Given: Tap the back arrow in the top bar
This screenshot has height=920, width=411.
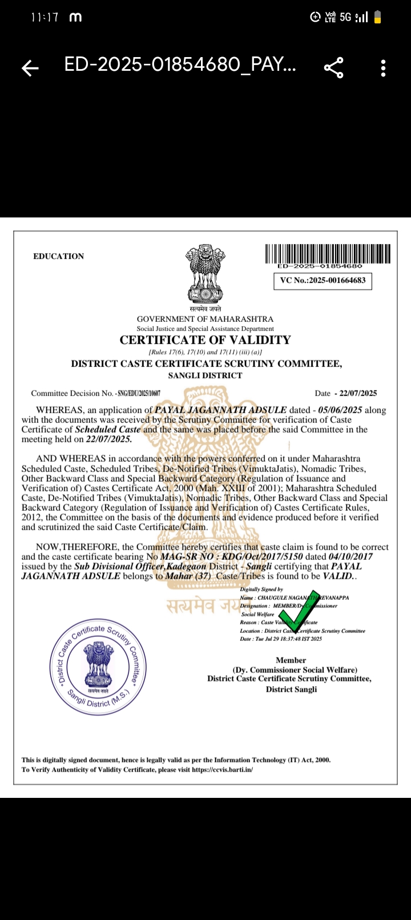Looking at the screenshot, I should (30, 68).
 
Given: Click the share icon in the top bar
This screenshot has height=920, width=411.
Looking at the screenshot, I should (334, 67).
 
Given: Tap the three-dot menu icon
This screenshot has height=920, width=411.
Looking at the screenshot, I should (383, 68).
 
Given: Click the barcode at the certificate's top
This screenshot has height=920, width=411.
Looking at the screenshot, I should (328, 254).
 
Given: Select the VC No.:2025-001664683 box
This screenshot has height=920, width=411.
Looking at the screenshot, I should (323, 281).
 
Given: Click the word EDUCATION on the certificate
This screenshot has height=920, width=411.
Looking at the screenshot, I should (58, 256).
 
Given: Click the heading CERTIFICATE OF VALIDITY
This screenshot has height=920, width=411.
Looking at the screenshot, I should (205, 340).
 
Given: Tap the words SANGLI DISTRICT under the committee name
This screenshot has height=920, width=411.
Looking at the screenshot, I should (205, 376).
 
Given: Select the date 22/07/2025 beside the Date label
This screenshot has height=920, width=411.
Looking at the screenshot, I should (358, 393).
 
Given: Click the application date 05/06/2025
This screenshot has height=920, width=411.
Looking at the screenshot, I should (340, 410).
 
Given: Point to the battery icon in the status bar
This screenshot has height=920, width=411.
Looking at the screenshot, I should (377, 18).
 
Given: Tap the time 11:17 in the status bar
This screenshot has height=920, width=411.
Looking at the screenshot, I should (45, 18).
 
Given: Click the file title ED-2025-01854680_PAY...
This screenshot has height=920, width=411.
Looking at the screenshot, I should (180, 65).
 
